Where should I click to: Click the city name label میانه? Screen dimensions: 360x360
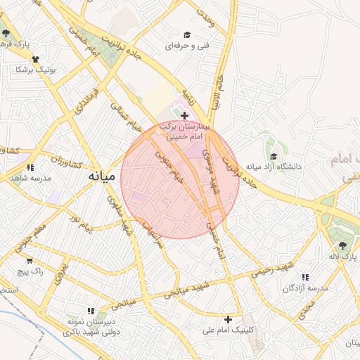click(103, 177)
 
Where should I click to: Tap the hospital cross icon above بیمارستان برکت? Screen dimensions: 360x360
click(184, 115)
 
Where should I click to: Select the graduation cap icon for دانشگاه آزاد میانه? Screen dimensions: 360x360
click(273, 156)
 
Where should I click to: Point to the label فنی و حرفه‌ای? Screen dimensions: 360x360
click(185, 46)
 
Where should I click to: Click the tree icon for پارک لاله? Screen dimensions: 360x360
click(342, 245)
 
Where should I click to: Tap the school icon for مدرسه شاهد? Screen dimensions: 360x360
click(30, 167)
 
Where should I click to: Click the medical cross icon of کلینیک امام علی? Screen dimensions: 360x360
click(227, 319)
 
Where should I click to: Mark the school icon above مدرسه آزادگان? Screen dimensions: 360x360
click(304, 277)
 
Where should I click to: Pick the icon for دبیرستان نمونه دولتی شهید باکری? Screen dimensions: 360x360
click(90, 310)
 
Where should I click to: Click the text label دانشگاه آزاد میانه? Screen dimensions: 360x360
click(274, 167)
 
